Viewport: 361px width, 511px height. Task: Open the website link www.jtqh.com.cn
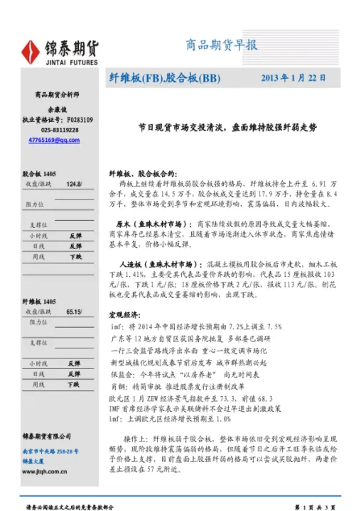(x=43, y=471)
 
